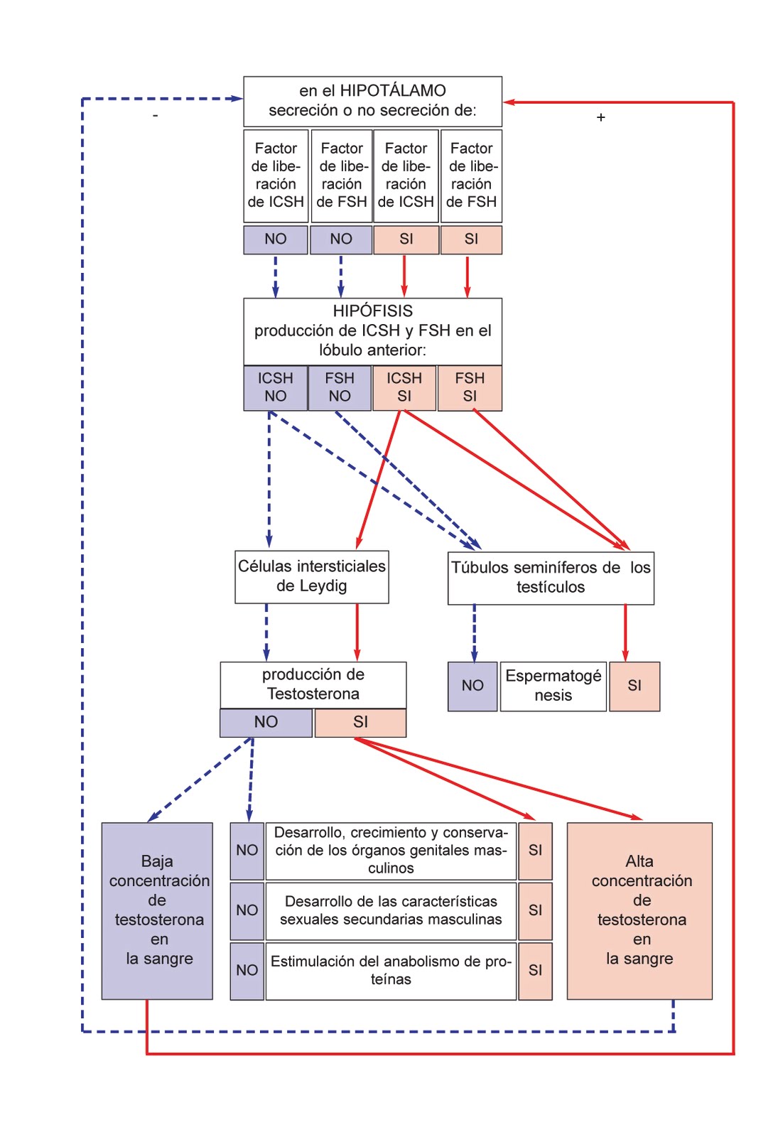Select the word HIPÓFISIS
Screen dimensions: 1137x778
pyautogui.click(x=372, y=311)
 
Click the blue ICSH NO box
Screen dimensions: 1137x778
pyautogui.click(x=275, y=387)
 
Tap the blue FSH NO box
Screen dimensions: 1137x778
pyautogui.click(x=340, y=387)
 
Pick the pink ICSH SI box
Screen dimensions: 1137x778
pyautogui.click(x=404, y=387)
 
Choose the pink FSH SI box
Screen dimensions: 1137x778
pyautogui.click(x=470, y=387)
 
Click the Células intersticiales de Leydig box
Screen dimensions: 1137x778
pyautogui.click(x=311, y=576)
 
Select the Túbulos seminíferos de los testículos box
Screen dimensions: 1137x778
pyautogui.click(x=550, y=578)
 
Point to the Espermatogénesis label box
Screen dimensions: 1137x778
pyautogui.click(x=553, y=686)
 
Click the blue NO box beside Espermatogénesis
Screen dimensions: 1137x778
pyautogui.click(x=472, y=686)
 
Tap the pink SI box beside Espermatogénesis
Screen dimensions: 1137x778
pyautogui.click(x=634, y=686)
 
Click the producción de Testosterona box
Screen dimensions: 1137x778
pyautogui.click(x=313, y=684)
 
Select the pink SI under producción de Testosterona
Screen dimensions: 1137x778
pyautogui.click(x=360, y=723)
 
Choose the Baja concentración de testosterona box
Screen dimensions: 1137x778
pyautogui.click(x=157, y=910)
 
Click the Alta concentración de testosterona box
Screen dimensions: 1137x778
pyautogui.click(x=639, y=910)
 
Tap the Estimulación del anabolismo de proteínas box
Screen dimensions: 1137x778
pyautogui.click(x=390, y=970)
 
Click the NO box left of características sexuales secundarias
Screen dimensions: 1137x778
pyautogui.click(x=247, y=910)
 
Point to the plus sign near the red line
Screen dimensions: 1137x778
pyautogui.click(x=600, y=117)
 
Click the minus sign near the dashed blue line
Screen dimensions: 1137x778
pyautogui.click(x=155, y=116)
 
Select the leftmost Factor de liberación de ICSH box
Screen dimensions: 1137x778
pyautogui.click(x=276, y=175)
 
